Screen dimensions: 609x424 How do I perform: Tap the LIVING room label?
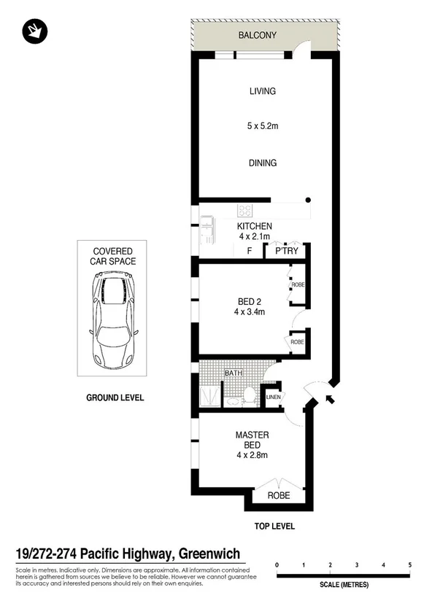262,91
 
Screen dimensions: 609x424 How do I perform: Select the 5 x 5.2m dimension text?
262,127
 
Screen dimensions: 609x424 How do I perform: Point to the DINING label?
262,163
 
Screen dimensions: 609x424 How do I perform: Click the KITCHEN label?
255,226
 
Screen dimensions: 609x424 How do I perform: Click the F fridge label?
250,252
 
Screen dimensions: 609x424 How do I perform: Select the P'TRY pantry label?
285,252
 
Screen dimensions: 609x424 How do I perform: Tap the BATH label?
233,373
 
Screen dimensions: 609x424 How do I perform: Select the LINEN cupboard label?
273,397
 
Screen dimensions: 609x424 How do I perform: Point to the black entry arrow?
326,397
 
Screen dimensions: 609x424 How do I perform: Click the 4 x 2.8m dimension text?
253,457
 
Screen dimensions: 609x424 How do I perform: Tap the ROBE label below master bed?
279,495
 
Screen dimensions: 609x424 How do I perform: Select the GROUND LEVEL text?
115,397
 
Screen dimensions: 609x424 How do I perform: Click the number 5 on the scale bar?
410,565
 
